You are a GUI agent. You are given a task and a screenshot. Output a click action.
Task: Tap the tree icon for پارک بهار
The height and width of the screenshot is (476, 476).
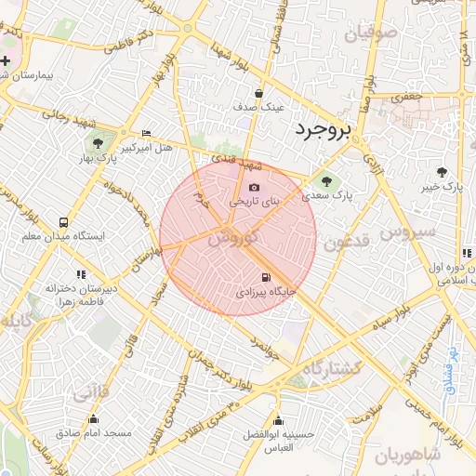[x=97, y=143]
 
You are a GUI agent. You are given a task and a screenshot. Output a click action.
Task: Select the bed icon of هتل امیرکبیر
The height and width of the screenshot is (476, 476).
[x=145, y=133]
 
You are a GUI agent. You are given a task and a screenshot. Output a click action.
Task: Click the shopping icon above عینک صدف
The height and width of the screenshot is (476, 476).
[x=258, y=93]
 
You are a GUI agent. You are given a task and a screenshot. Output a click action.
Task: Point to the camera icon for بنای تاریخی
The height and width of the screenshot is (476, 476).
[x=254, y=188]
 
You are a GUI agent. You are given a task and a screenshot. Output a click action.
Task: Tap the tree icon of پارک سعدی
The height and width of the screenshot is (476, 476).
[x=325, y=181]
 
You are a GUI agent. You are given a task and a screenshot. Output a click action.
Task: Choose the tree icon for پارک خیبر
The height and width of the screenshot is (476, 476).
[x=441, y=172]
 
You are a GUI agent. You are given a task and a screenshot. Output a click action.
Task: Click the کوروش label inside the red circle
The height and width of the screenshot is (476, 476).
[x=228, y=239]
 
